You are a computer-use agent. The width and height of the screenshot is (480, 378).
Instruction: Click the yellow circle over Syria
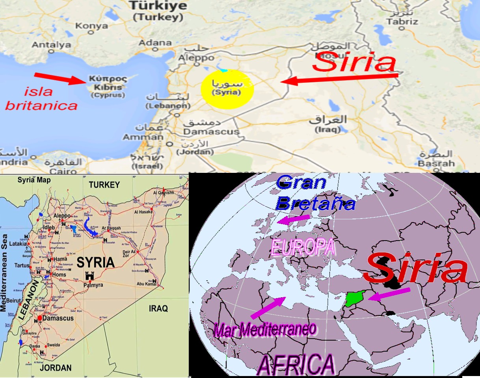coord(227,89)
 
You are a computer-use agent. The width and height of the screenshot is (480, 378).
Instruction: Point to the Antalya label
coord(51,45)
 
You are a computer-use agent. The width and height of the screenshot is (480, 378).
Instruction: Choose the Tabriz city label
coord(402,22)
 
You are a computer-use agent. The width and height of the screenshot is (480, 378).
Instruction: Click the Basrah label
coord(431,163)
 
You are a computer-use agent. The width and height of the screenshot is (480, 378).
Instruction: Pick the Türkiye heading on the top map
coord(158,6)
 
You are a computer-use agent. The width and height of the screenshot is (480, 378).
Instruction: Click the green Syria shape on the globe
coord(354,299)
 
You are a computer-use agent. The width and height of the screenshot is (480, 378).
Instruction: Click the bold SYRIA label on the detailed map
coord(96,262)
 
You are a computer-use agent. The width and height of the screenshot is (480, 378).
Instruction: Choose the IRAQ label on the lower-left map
coord(158,308)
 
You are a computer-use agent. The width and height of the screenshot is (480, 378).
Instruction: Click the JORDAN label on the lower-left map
coord(56,368)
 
